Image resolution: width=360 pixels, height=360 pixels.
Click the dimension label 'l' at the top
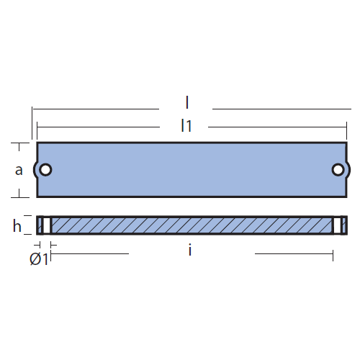coord(187,103)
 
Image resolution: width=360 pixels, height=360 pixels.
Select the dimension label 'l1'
coord(186,125)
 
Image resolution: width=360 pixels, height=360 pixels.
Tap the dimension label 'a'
coord(19,170)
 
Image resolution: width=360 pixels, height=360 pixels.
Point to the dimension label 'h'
coord(17,226)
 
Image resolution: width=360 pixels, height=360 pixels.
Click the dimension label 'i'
coord(190,250)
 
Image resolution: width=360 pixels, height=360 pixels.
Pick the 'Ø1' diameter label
coord(39,259)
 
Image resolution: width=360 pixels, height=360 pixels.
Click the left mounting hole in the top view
coord(45,170)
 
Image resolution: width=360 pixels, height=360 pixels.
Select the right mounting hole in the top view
coord(338,170)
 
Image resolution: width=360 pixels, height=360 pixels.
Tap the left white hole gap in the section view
coord(47,225)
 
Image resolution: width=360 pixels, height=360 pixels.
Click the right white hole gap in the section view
coord(337,225)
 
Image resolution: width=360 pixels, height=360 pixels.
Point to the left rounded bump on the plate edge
coord(35,170)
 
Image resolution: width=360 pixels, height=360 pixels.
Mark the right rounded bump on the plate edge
coord(348,170)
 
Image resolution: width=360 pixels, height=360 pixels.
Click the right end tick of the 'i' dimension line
coord(333,256)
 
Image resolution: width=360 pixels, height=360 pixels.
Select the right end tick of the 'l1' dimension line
coord(346,131)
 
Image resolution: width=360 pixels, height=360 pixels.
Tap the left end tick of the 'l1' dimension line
coord(37,131)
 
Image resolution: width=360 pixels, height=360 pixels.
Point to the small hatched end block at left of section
coord(40,225)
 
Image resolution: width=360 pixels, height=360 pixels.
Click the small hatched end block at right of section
coord(344,225)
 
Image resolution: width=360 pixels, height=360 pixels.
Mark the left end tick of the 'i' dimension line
coord(51,256)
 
